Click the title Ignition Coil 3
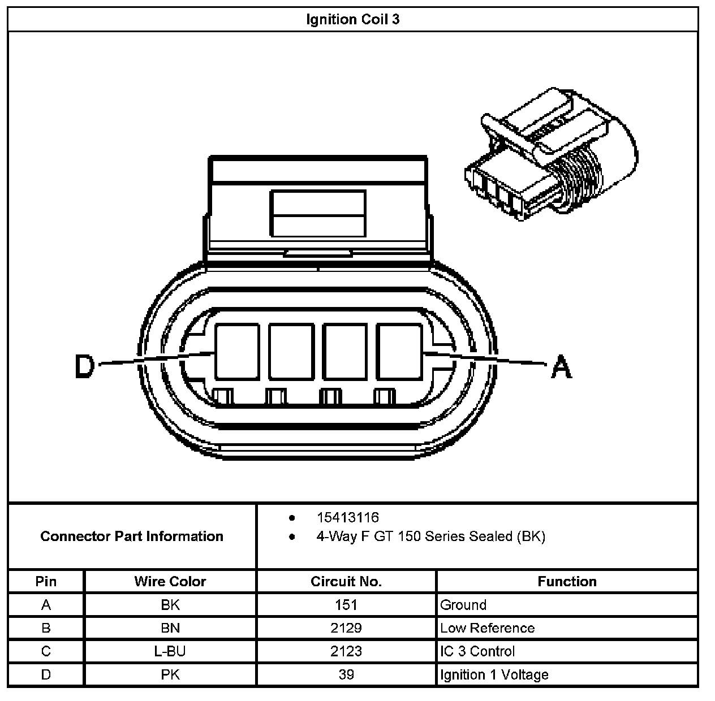click(352, 19)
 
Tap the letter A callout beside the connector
click(561, 366)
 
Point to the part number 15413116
click(347, 517)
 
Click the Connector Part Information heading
click(132, 536)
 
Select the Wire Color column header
click(170, 581)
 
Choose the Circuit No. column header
click(346, 581)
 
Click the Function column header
click(567, 581)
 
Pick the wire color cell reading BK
click(170, 605)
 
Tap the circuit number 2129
click(346, 628)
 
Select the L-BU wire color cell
click(170, 651)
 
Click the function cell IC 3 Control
click(477, 651)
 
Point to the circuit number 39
click(346, 674)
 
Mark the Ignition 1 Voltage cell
click(494, 674)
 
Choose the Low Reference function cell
click(487, 628)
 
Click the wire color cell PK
click(170, 674)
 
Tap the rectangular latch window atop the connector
click(318, 213)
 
